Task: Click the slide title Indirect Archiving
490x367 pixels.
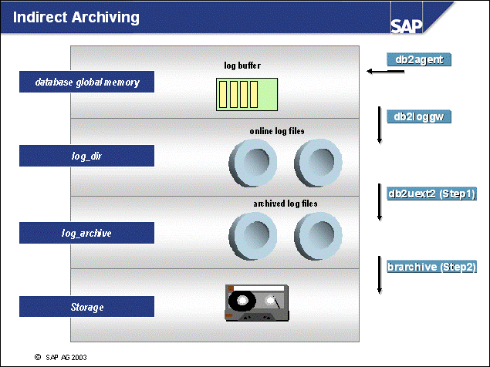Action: pos(77,17)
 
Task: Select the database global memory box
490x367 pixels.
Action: pos(86,82)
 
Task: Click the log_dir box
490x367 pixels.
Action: pos(86,156)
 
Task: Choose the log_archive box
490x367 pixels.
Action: pos(86,232)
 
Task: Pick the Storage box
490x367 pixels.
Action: pos(86,307)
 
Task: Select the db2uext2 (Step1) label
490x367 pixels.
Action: pos(432,193)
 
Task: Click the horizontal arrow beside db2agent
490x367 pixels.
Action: pos(386,72)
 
